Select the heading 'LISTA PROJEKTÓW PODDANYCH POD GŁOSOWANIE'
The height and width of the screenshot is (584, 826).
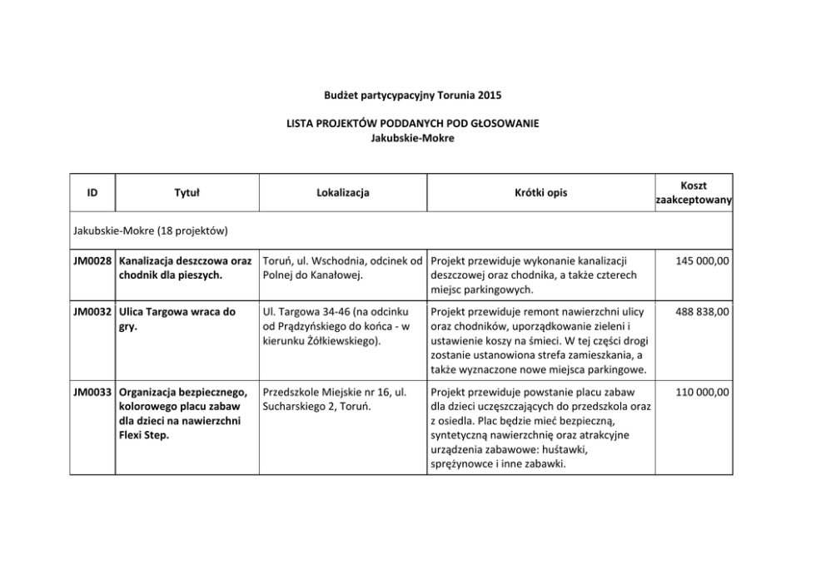412,123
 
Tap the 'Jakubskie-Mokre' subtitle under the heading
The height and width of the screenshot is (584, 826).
412,137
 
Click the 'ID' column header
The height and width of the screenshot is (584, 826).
92,193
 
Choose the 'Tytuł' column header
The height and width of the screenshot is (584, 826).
186,193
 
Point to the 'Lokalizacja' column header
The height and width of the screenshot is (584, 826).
343,193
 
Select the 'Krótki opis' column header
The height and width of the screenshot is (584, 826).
540,193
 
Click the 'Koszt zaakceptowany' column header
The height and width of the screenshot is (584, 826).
694,193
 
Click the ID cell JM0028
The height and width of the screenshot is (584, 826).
92,261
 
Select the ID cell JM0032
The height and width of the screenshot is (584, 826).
92,312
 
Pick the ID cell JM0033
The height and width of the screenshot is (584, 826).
92,392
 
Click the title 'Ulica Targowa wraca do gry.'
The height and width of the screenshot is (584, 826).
177,319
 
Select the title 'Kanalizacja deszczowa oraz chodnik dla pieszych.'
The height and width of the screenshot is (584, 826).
185,268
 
